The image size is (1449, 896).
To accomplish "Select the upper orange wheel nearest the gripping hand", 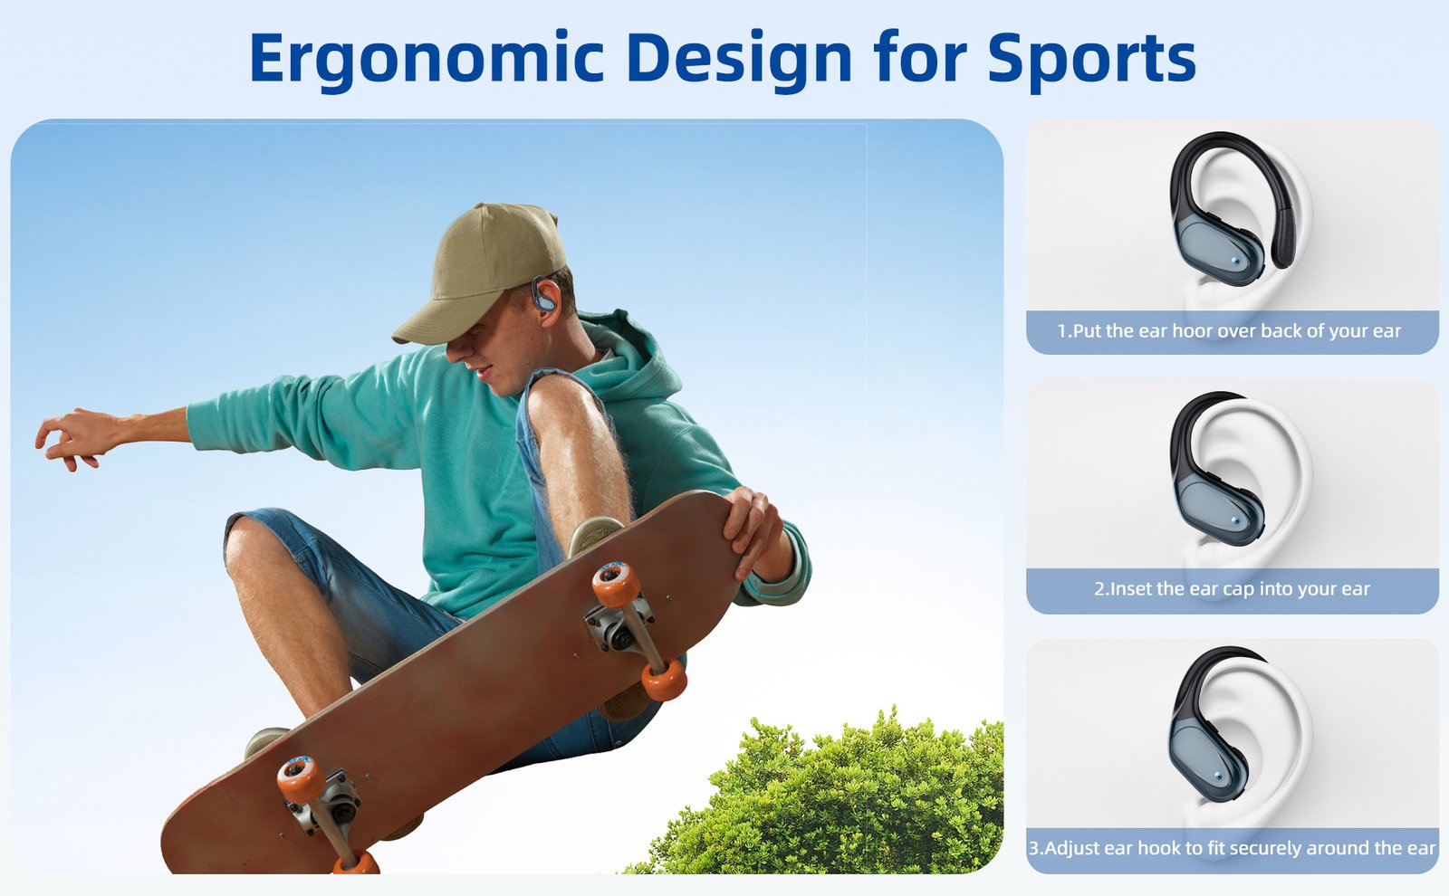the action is pyautogui.click(x=615, y=584).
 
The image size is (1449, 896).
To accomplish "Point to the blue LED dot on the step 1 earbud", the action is pyautogui.click(x=1236, y=262).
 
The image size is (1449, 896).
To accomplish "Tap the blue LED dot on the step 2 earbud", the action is pyautogui.click(x=1236, y=520).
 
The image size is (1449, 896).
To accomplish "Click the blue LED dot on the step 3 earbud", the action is pyautogui.click(x=1219, y=775).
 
